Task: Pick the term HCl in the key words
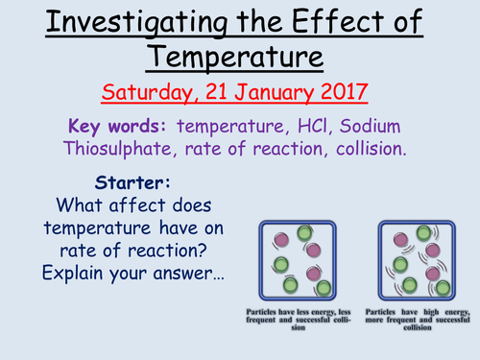300,126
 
